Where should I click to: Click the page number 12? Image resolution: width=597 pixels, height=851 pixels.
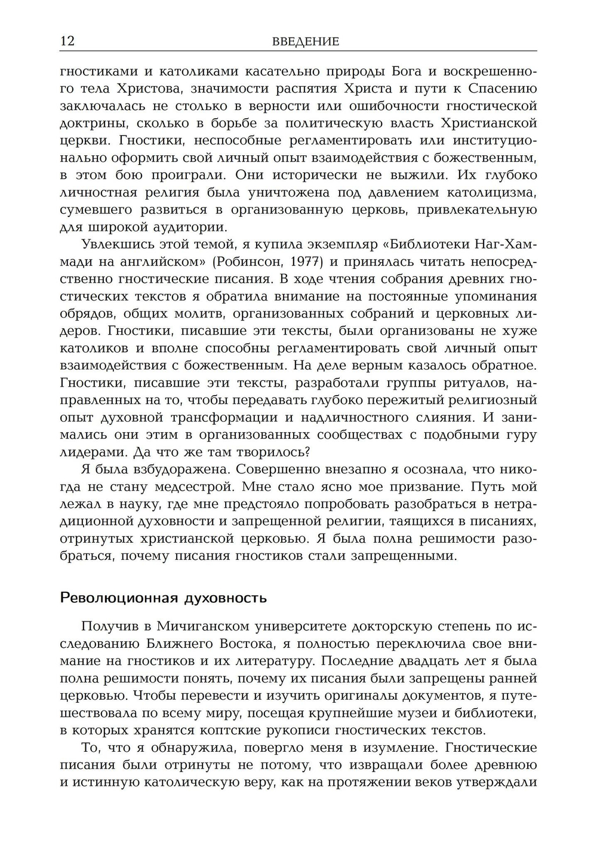(67, 41)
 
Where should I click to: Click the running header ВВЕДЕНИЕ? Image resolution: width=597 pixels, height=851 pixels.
(305, 41)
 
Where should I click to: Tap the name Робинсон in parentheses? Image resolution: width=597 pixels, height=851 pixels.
(249, 262)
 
